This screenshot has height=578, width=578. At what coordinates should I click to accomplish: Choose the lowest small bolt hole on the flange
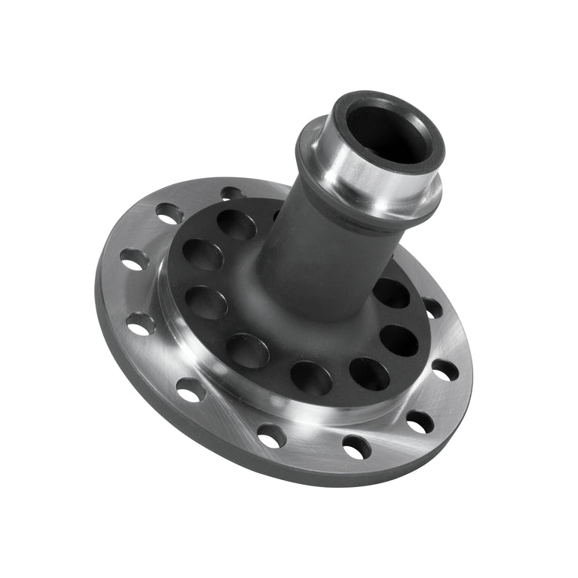357,446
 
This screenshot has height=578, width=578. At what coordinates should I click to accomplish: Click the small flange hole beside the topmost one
169,213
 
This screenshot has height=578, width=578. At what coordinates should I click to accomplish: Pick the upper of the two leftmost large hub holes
203,255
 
